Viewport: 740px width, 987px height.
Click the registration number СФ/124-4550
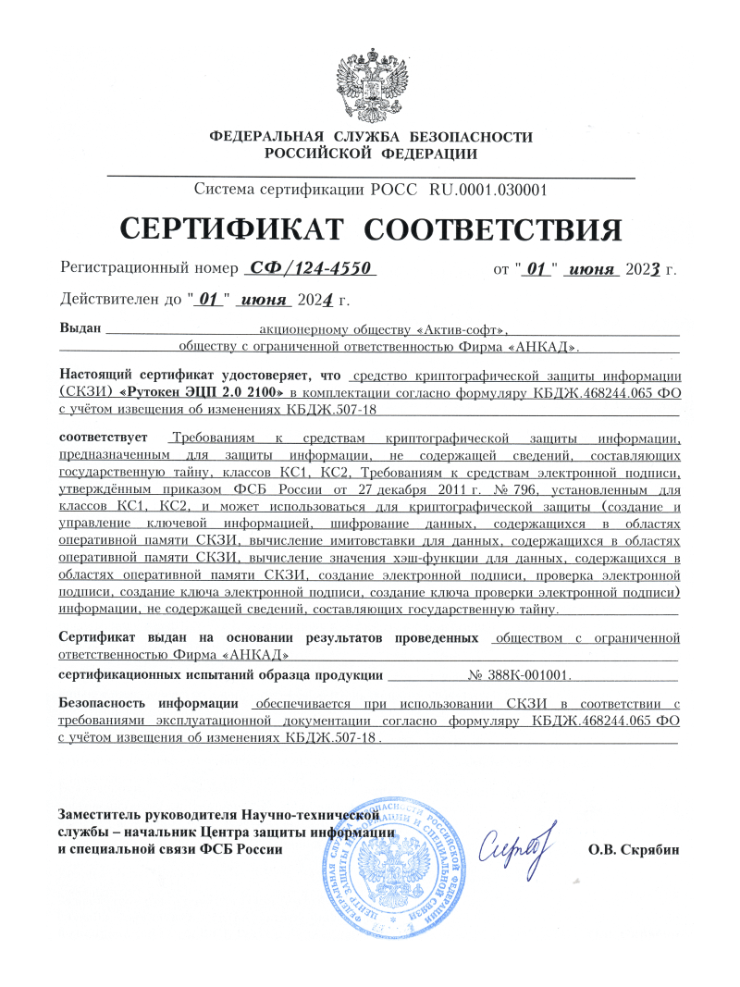pos(308,269)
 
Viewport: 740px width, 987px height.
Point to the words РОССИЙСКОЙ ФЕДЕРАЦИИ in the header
pos(371,154)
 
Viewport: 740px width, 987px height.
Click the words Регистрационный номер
pos(149,270)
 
